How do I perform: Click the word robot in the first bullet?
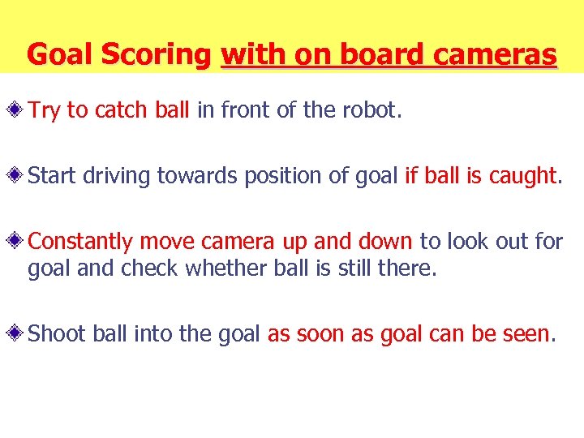tap(374, 110)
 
